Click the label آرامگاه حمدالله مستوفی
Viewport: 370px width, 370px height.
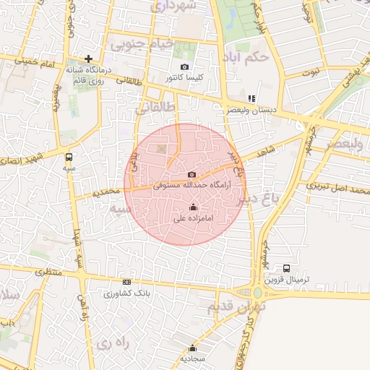point(192,186)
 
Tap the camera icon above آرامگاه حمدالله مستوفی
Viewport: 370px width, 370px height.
point(192,174)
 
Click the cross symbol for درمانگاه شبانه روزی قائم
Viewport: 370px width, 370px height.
point(88,59)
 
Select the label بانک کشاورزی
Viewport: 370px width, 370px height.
point(128,293)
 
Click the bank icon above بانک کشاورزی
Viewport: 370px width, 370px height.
point(128,282)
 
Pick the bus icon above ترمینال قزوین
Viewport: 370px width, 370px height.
point(287,268)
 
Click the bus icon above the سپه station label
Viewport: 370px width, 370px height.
point(69,156)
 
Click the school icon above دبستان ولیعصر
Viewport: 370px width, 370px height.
point(251,98)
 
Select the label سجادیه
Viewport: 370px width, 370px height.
point(192,358)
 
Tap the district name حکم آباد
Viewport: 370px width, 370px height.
point(246,56)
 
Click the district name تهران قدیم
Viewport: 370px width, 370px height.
point(237,306)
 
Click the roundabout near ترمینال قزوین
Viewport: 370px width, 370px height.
point(258,293)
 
